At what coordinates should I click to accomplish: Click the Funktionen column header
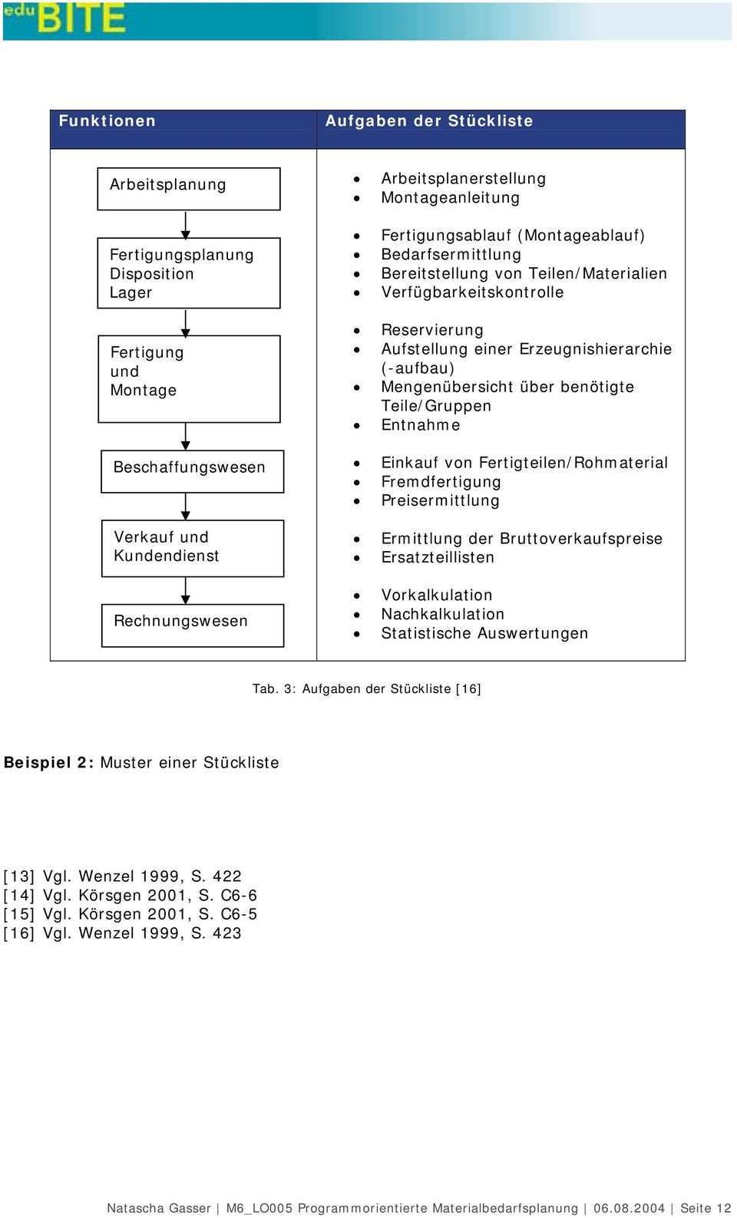click(107, 120)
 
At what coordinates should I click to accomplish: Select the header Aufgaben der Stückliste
click(428, 120)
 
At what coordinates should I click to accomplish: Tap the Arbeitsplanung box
click(188, 188)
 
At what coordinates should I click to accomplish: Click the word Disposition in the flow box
click(152, 274)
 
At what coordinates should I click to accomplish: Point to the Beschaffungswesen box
click(192, 470)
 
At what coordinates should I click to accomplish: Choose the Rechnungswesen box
click(192, 625)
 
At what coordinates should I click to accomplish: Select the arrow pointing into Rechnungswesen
click(185, 591)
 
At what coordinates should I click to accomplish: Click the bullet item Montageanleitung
click(450, 197)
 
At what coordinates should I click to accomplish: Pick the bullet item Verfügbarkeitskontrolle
click(472, 292)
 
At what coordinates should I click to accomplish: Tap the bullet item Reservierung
click(432, 330)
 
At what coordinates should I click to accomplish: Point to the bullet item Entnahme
click(421, 425)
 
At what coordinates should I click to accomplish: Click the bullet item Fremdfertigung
click(441, 482)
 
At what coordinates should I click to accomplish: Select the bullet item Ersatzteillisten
click(438, 557)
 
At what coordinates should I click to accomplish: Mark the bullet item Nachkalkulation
click(442, 614)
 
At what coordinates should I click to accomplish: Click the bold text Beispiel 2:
click(49, 762)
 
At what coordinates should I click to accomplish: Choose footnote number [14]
click(19, 895)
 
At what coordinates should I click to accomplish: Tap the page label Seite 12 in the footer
click(706, 1208)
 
